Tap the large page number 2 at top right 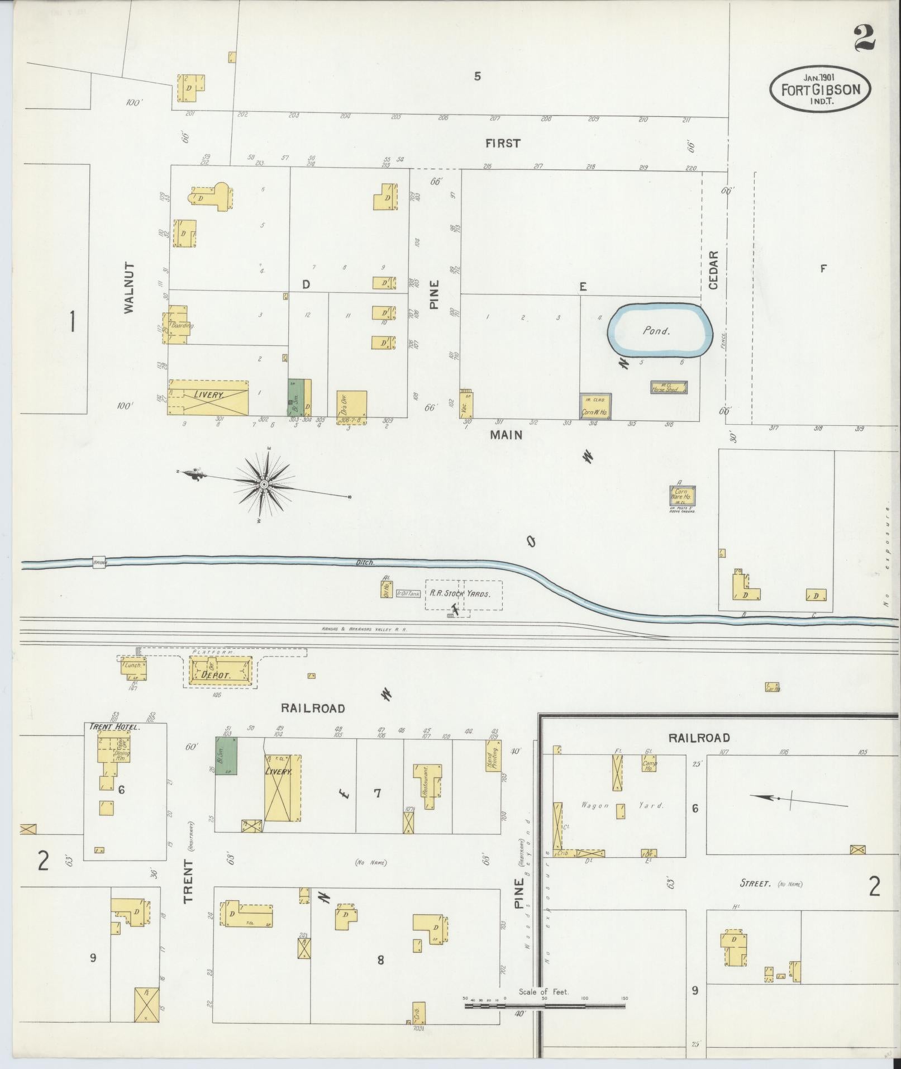tap(864, 37)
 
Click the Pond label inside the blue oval tap(656, 331)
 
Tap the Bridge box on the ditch tap(99, 562)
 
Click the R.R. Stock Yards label tap(459, 593)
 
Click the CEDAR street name tap(713, 269)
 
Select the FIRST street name tap(503, 144)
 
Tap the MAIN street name tap(507, 434)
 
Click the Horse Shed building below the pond tap(668, 387)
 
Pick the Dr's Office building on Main tap(352, 406)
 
